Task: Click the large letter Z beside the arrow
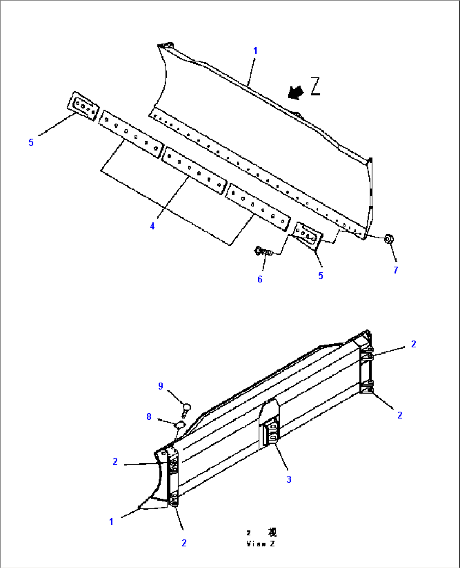pyautogui.click(x=315, y=87)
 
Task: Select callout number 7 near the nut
pyautogui.click(x=395, y=270)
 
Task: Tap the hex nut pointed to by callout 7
pyautogui.click(x=389, y=240)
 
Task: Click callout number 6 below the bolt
pyautogui.click(x=260, y=279)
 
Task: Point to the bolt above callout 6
pyautogui.click(x=262, y=252)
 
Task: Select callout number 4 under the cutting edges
pyautogui.click(x=152, y=226)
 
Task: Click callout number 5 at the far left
pyautogui.click(x=31, y=142)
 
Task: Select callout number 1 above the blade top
pyautogui.click(x=255, y=51)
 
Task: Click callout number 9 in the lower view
pyautogui.click(x=160, y=386)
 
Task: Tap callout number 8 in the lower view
pyautogui.click(x=149, y=417)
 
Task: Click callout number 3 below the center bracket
pyautogui.click(x=289, y=479)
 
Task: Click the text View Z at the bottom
pyautogui.click(x=261, y=543)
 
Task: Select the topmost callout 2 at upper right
pyautogui.click(x=414, y=344)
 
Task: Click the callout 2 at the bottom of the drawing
pyautogui.click(x=184, y=543)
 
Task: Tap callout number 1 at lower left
pyautogui.click(x=111, y=522)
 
